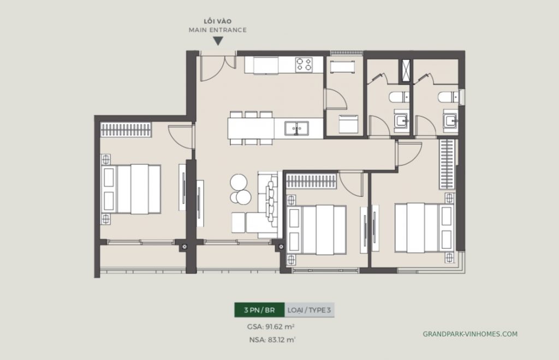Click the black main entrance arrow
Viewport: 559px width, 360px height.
coord(218,41)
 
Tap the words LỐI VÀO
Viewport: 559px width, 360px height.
coord(218,21)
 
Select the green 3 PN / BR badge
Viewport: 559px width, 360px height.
coord(259,310)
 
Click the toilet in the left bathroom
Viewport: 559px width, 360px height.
coord(397,98)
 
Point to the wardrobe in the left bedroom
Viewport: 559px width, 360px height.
coord(127,130)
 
